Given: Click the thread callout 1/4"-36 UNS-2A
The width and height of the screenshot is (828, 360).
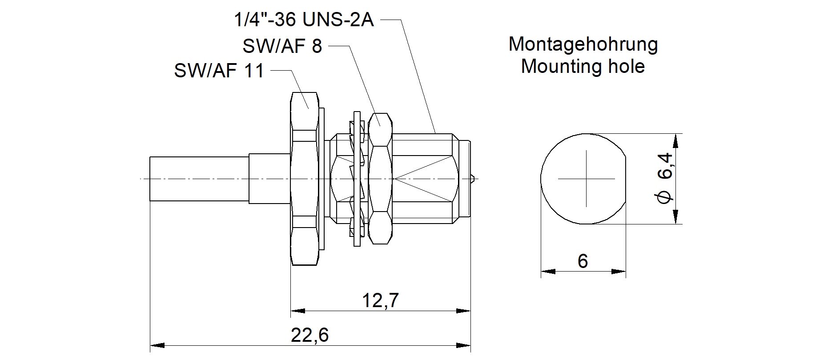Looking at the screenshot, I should pos(304,20).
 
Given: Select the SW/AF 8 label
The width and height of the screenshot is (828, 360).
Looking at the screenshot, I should pos(282,46).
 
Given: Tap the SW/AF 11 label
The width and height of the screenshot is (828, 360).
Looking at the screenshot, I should pos(219,71).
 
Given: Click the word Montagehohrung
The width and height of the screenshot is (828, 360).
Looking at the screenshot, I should pos(583,44).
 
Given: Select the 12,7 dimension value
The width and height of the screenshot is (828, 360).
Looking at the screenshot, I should pos(380,301).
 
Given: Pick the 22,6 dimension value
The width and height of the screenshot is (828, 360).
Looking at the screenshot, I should pos(310,335).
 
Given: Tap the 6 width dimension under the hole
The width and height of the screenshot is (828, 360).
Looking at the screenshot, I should pos(583,261).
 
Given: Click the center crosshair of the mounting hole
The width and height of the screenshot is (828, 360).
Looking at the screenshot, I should pos(587,179).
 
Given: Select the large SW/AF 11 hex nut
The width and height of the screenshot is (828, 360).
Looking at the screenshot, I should pos(305,179).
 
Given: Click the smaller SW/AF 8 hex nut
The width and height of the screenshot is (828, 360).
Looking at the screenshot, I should pos(380,179).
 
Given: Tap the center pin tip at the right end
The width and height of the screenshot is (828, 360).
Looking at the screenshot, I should pos(474,179).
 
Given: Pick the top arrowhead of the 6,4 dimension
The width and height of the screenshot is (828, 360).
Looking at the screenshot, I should pos(675,140).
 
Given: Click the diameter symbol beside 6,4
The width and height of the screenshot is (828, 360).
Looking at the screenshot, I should pos(666,197).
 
